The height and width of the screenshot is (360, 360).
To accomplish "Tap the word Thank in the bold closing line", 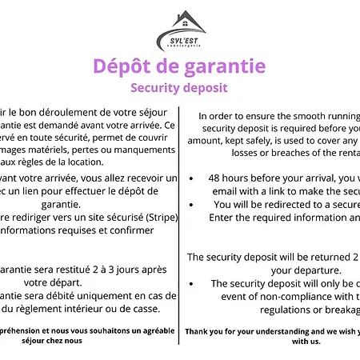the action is (x=199, y=330).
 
